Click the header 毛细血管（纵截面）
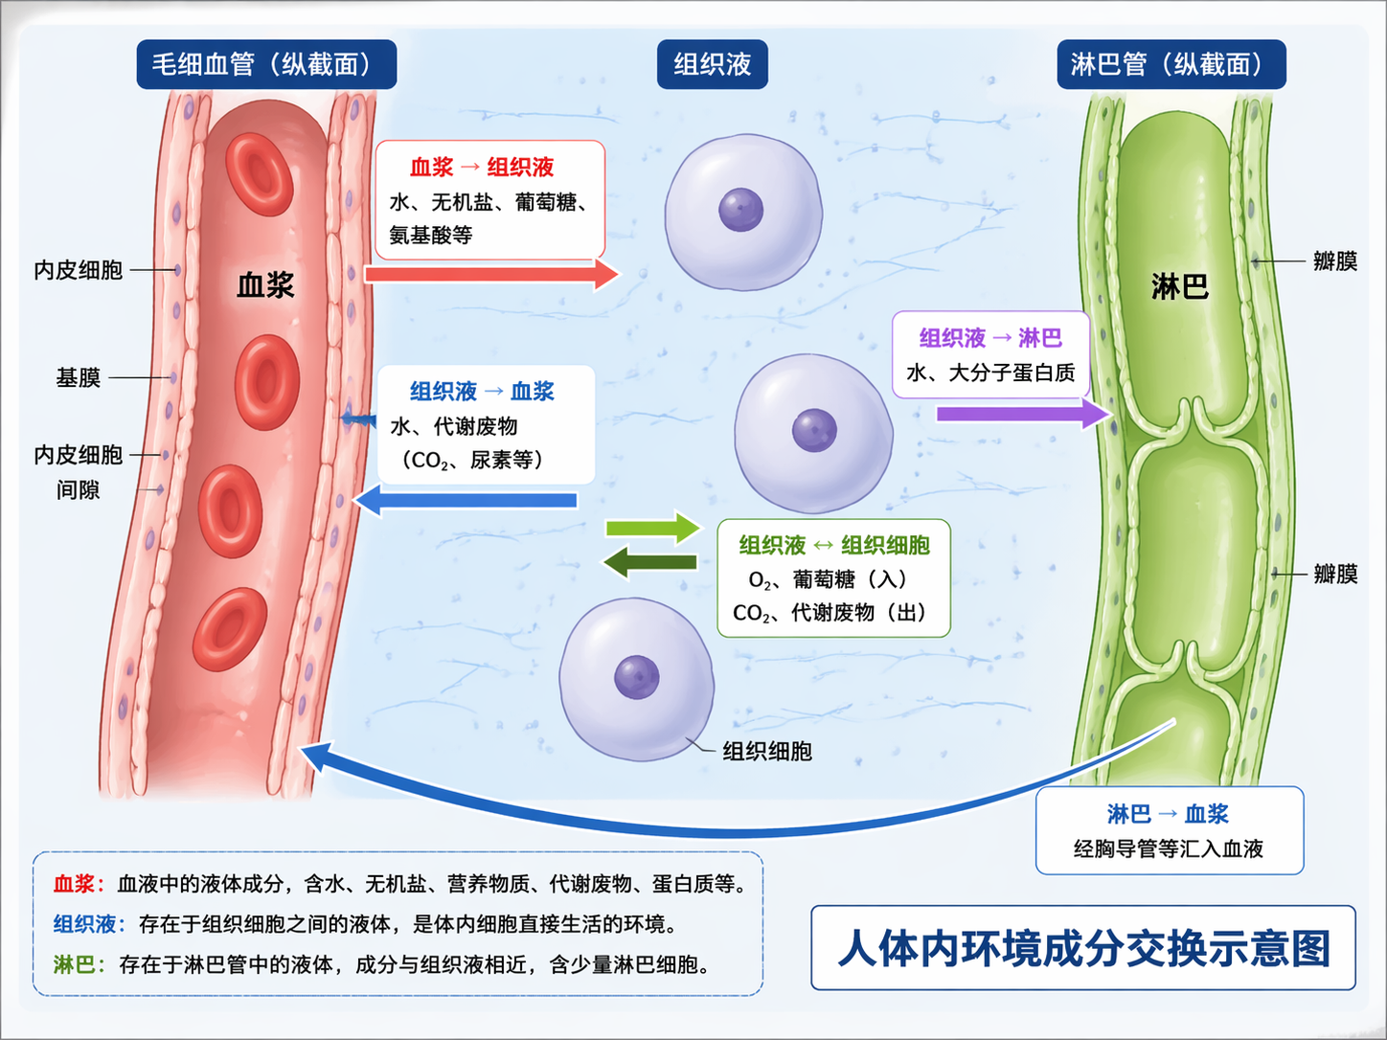point(266,64)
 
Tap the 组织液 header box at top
point(712,64)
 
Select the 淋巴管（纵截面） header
point(1171,64)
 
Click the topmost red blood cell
point(259,174)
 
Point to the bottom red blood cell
point(230,629)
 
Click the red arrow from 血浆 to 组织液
point(490,274)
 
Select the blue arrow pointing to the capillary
point(466,500)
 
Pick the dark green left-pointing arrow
point(650,562)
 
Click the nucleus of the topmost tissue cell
point(741,210)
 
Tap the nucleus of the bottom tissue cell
point(637,677)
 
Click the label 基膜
point(79,377)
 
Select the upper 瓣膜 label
point(1334,260)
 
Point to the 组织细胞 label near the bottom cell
point(767,752)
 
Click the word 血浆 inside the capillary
point(265,284)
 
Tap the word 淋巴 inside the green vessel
point(1179,285)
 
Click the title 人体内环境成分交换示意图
point(1083,948)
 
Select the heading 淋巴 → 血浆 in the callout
point(1168,814)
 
